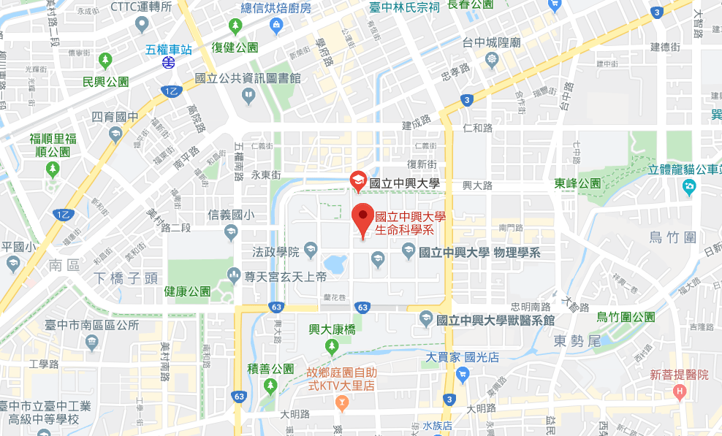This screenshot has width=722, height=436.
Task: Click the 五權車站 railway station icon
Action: [x=169, y=63]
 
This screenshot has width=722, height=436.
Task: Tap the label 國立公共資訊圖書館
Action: [x=248, y=79]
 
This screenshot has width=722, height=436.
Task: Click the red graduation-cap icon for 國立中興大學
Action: [x=357, y=180]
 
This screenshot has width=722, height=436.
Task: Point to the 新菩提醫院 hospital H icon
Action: [x=680, y=392]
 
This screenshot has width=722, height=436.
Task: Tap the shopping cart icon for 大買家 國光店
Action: [x=461, y=375]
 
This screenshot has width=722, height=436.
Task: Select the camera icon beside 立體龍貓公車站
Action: [x=688, y=188]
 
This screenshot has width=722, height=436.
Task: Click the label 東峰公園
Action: [x=577, y=183]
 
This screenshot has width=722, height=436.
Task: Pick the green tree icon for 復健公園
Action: [x=235, y=28]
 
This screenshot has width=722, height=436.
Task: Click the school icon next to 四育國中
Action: [x=115, y=134]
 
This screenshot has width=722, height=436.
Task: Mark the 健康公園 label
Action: [x=187, y=291]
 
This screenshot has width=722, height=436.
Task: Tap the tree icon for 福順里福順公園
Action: [x=52, y=169]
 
